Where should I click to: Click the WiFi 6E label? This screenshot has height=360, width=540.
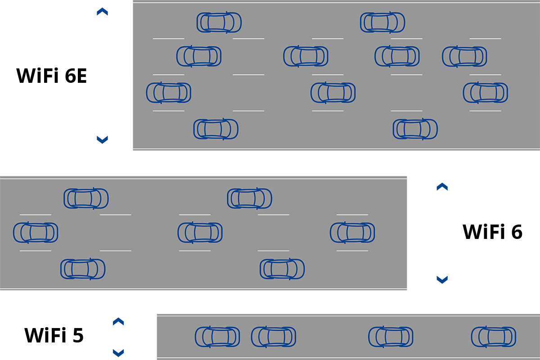click(x=51, y=76)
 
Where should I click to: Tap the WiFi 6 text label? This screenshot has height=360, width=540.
click(x=492, y=232)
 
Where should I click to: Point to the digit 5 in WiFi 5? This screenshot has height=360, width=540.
click(x=77, y=335)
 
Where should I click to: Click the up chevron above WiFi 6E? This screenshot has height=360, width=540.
click(x=102, y=12)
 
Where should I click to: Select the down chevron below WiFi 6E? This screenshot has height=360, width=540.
click(x=102, y=139)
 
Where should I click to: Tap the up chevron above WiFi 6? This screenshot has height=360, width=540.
click(x=442, y=187)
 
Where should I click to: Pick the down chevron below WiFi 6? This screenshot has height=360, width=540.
click(x=442, y=279)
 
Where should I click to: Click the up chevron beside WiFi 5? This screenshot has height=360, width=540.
click(x=118, y=321)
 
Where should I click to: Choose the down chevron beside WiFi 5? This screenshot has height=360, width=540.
click(x=118, y=352)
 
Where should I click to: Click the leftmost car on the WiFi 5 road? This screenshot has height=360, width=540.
click(x=217, y=337)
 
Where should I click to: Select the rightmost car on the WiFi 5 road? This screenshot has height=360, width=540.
click(x=494, y=337)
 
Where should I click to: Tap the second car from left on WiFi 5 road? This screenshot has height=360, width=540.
click(x=274, y=337)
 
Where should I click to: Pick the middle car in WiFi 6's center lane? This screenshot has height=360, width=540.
click(x=200, y=233)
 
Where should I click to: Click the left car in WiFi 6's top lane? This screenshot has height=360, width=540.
click(x=86, y=198)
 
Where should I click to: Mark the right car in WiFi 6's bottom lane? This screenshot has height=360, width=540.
click(x=282, y=269)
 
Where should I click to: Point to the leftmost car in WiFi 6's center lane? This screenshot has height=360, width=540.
click(x=36, y=233)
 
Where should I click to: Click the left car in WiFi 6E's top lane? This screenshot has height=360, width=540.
click(x=219, y=22)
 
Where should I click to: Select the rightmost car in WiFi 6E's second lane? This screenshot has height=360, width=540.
click(x=464, y=56)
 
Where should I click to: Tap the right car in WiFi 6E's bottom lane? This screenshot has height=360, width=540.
click(x=415, y=129)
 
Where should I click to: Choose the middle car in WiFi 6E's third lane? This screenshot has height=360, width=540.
click(x=333, y=93)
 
